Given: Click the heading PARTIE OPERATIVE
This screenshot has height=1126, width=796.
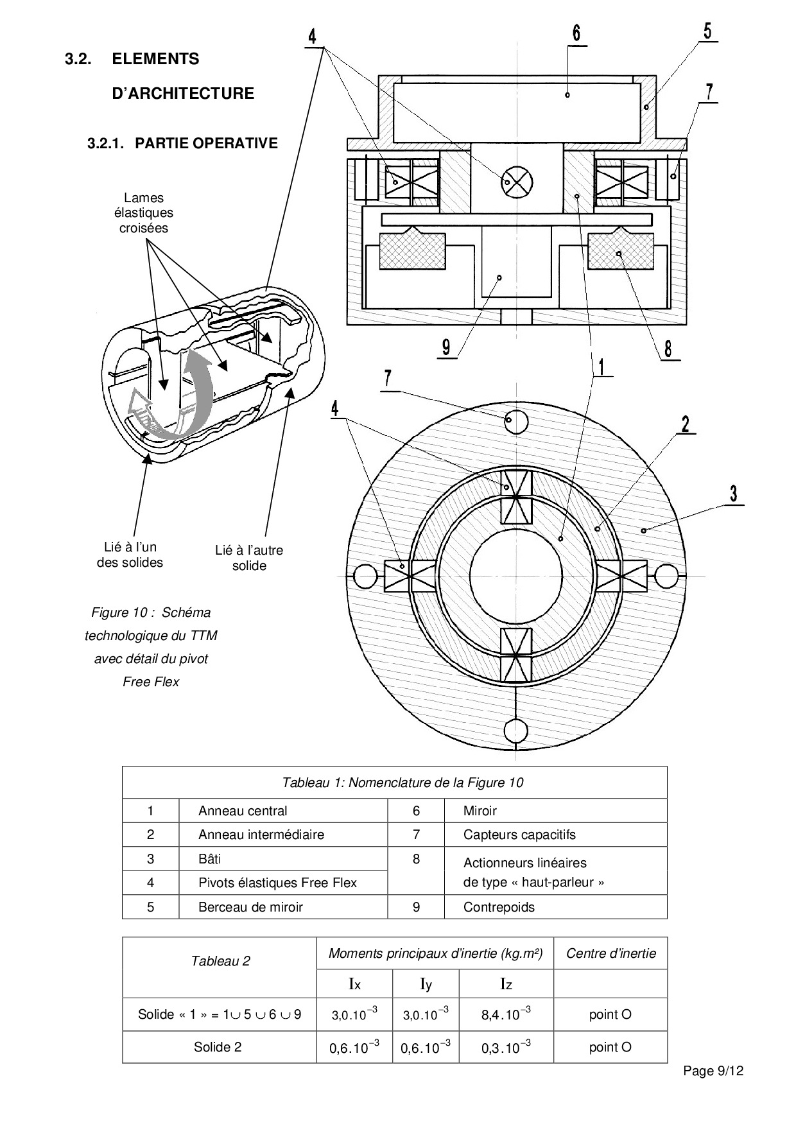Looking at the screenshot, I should tap(182, 143).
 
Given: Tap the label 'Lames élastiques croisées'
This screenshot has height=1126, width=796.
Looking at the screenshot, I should tap(143, 213).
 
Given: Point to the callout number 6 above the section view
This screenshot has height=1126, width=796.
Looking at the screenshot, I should tap(576, 33).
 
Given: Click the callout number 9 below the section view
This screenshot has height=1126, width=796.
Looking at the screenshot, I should tap(446, 347).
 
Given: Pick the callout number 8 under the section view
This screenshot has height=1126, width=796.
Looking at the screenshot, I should tap(668, 349).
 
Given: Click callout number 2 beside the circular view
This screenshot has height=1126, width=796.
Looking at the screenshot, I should tap(686, 424).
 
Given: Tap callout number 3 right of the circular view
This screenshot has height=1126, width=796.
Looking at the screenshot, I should tap(733, 494).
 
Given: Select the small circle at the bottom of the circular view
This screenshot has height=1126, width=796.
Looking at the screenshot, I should tap(516, 731).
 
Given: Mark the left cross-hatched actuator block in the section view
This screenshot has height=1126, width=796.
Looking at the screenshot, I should tap(412, 251).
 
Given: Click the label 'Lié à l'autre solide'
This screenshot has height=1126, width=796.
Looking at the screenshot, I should tap(249, 558).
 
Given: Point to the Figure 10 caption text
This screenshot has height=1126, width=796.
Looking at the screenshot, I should tap(151, 646).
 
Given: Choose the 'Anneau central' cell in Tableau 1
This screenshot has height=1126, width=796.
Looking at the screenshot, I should tap(243, 811).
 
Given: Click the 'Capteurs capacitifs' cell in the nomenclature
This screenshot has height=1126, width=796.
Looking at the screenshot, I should tap(519, 835).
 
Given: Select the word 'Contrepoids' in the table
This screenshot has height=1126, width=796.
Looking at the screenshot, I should tap(499, 907).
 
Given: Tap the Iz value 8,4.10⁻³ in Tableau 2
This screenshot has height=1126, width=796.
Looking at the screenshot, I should tap(506, 1014).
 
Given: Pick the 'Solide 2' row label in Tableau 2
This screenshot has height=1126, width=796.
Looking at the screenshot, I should tap(218, 1047).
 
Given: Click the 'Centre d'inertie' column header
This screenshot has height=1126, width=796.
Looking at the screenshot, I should tap(610, 953).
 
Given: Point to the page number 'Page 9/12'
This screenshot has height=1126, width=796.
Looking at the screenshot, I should tap(713, 1071).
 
